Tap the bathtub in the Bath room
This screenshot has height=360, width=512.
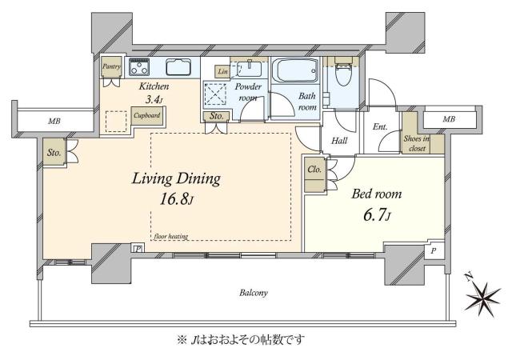295,70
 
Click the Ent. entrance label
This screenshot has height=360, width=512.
381,126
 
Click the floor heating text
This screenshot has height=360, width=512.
172,237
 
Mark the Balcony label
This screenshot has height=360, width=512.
252,294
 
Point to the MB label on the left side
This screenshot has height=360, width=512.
54,122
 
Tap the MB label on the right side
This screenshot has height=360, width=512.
450,120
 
